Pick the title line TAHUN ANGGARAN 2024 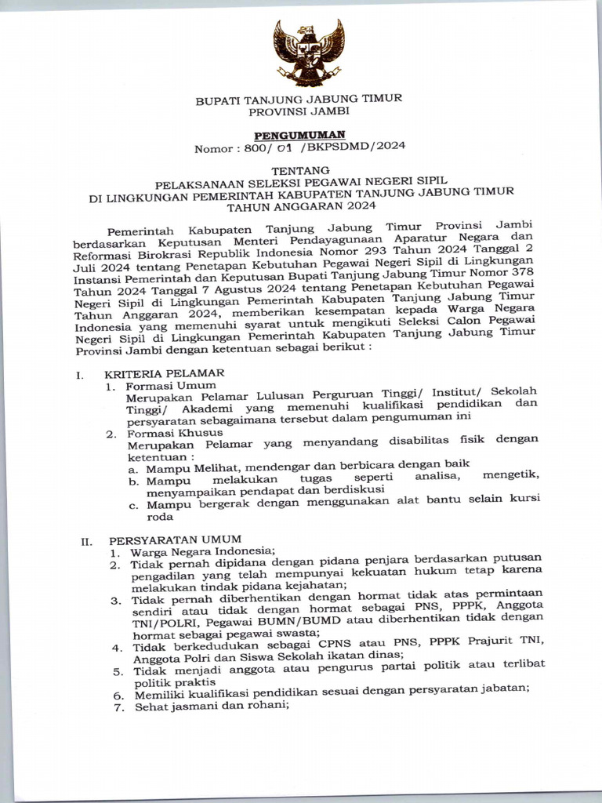tap(301, 207)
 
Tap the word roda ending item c tap(159, 516)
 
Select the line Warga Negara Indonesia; tap(202, 551)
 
